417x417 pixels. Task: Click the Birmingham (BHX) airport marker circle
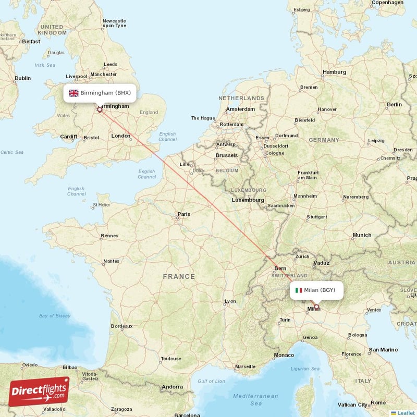pyautogui.click(x=100, y=110)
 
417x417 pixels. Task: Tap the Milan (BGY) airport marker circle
pyautogui.click(x=316, y=307)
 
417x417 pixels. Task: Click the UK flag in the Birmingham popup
pyautogui.click(x=73, y=93)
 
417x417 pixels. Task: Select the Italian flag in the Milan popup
pyautogui.click(x=299, y=290)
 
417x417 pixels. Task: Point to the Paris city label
pyautogui.click(x=183, y=214)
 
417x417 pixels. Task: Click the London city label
pyautogui.click(x=120, y=136)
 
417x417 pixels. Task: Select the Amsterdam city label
pyautogui.click(x=240, y=109)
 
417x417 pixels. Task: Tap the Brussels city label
pyautogui.click(x=226, y=155)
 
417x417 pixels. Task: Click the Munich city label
pyautogui.click(x=362, y=235)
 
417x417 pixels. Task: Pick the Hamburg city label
pyautogui.click(x=334, y=72)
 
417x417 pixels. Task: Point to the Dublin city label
pyautogui.click(x=22, y=78)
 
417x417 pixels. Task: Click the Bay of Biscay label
pyautogui.click(x=55, y=316)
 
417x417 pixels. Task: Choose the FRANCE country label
pyautogui.click(x=178, y=277)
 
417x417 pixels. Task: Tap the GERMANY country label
pyautogui.click(x=323, y=140)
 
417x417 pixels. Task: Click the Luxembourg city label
pyautogui.click(x=248, y=200)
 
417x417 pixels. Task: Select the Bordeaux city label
pyautogui.click(x=121, y=326)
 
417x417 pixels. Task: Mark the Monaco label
pyautogui.click(x=284, y=355)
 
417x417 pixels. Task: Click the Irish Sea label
pyautogui.click(x=44, y=65)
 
